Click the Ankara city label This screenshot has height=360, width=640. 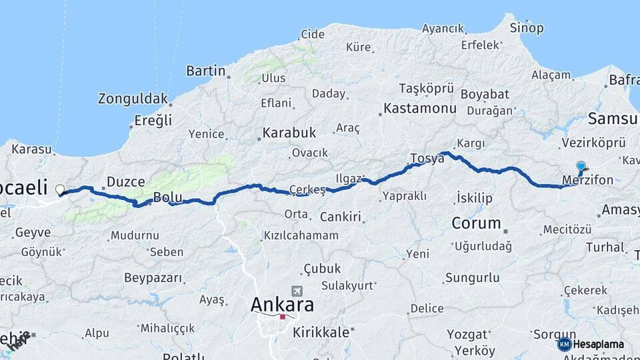pos(283,305)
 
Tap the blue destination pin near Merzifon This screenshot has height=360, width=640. pos(581,167)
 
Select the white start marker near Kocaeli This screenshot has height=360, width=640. pos(61,189)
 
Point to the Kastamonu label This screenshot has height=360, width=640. pos(420,108)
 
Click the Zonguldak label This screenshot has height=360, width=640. pos(133,99)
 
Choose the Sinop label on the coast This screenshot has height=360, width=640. pos(527,28)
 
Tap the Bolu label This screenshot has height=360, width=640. pos(167,197)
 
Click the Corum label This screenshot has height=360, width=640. pos(476,223)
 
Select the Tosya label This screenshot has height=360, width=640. pos(427,159)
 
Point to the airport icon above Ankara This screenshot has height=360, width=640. pos(297,291)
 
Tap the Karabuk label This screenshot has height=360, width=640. pos(289,132)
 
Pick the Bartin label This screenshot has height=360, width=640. pos(205,70)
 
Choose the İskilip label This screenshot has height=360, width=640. pos(475,197)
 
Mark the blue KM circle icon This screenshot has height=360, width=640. pos(565,344)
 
